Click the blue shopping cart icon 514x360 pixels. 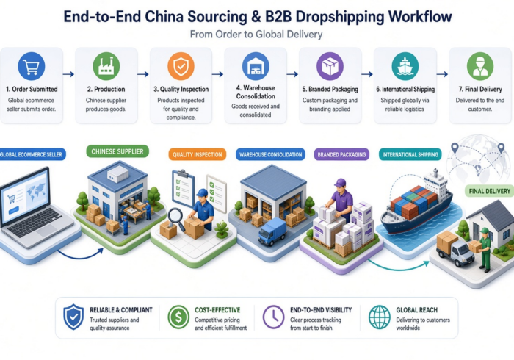pos(32,66)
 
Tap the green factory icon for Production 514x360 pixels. pos(106,66)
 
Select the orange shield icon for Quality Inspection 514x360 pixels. pos(181,66)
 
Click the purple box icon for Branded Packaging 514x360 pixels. pos(330,66)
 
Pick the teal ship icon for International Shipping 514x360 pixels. pos(405,66)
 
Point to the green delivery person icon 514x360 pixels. pos(480,66)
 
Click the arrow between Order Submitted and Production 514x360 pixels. pos(68,74)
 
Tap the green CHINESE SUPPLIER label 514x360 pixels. pos(117,151)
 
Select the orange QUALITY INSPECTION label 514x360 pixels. pos(198,154)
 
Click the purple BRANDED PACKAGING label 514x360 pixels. pos(341,154)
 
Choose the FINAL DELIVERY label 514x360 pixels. pos(490,191)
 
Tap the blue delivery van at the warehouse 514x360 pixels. pos(272,232)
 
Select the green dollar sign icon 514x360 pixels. pos(178,317)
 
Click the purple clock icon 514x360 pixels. pos(273,317)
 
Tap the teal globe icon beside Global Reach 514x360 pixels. pos(380,317)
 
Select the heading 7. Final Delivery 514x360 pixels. pos(480,89)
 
